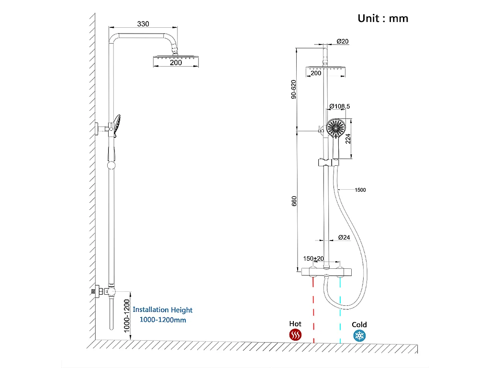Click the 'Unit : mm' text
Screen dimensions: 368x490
click(x=383, y=18)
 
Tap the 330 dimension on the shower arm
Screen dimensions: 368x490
click(x=143, y=23)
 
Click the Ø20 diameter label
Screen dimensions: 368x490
click(x=343, y=41)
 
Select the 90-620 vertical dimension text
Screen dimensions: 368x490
click(x=294, y=89)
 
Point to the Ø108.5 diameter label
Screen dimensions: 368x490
click(x=339, y=106)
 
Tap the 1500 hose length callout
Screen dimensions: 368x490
click(x=360, y=190)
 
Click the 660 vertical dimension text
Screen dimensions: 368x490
click(x=294, y=201)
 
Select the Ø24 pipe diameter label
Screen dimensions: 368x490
click(x=344, y=238)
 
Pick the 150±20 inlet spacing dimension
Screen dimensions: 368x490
click(x=313, y=258)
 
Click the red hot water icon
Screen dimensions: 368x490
click(x=295, y=335)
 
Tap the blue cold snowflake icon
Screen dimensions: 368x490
click(x=359, y=335)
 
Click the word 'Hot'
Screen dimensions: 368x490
click(x=295, y=324)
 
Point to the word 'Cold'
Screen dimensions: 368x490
click(x=359, y=324)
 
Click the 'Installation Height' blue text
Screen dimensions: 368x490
click(x=163, y=310)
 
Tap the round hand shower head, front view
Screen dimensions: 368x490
click(x=336, y=128)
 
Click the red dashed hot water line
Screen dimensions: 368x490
click(x=313, y=311)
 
